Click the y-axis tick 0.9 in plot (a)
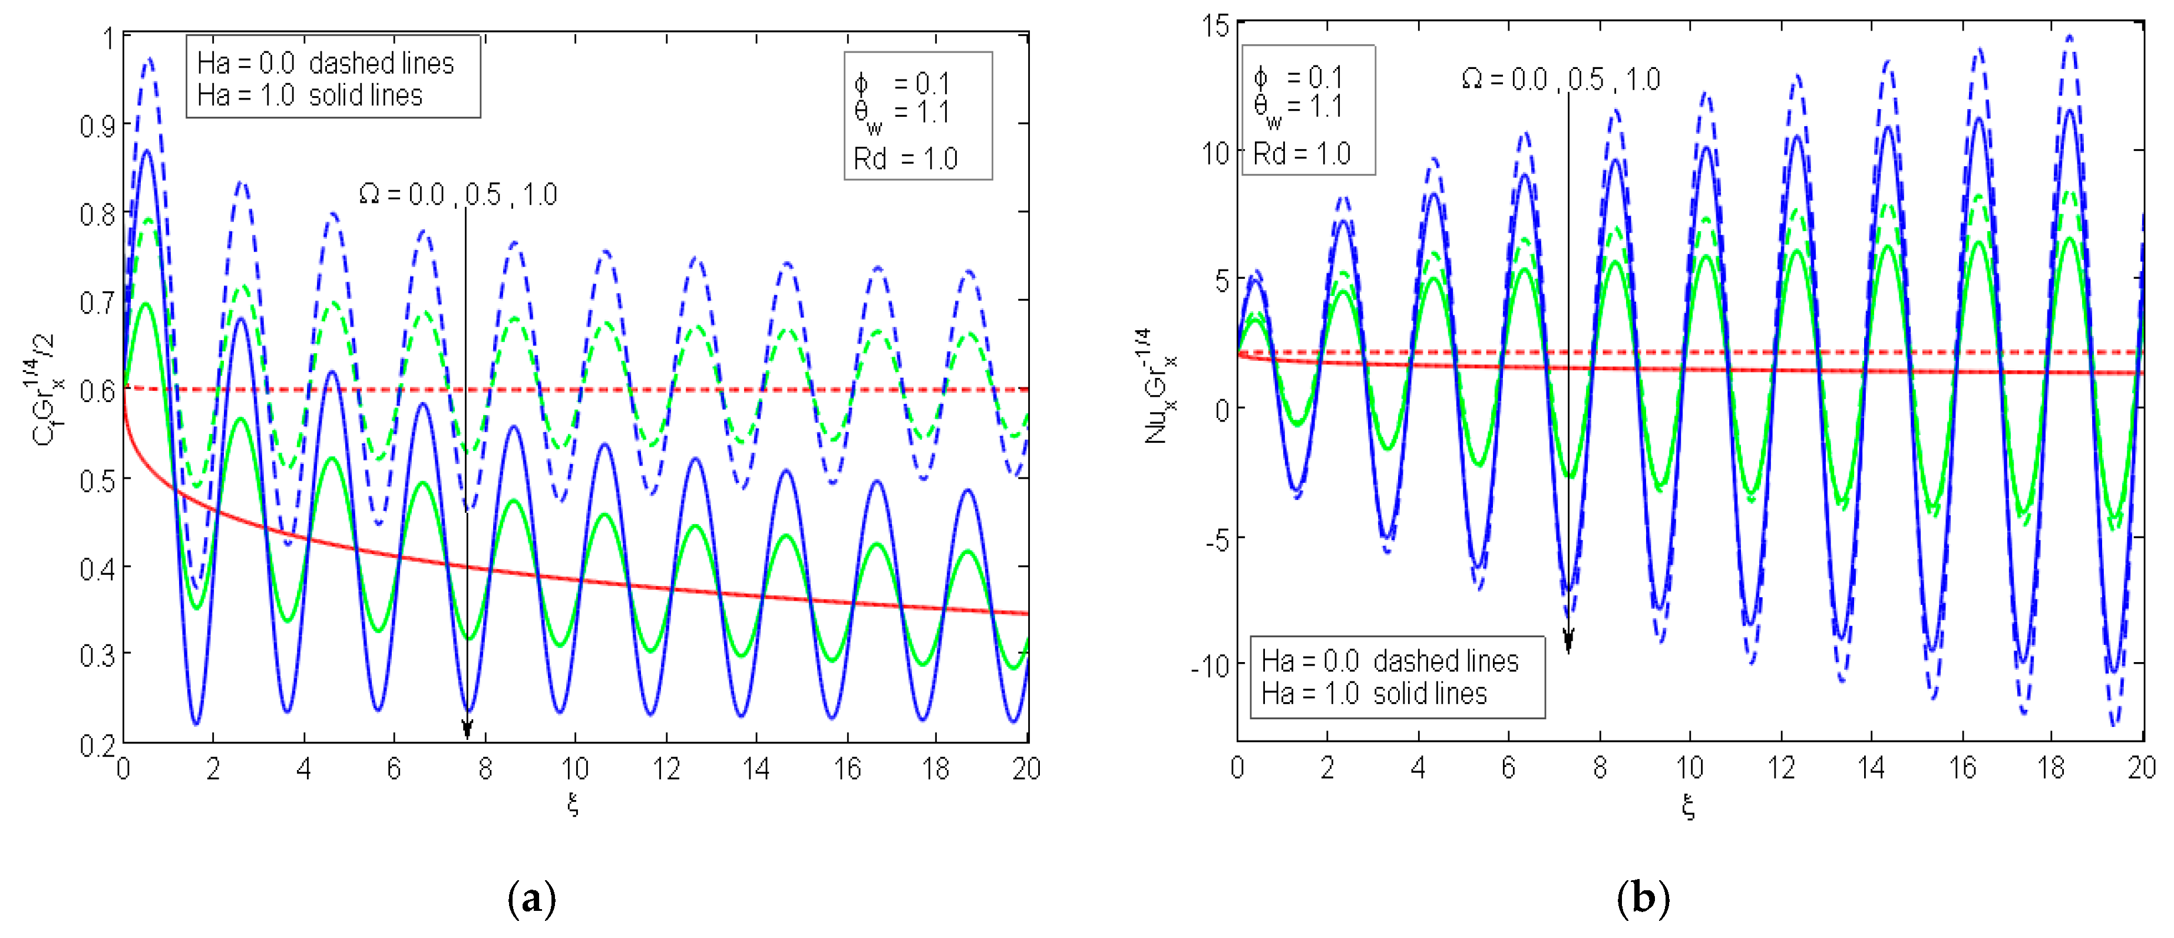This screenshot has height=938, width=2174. point(98,127)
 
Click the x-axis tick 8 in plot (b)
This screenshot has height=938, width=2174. point(1599,768)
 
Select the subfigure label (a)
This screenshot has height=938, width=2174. point(531,899)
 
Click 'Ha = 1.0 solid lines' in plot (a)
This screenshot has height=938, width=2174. point(310,96)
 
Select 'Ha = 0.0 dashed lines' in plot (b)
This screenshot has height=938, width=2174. point(1389,661)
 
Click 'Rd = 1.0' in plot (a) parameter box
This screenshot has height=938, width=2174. point(905,159)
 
